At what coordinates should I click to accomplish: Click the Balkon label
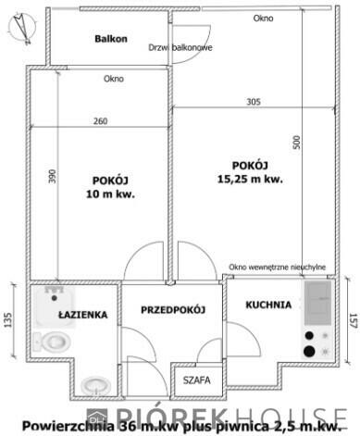pos(110,39)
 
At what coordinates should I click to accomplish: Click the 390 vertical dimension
pos(53,176)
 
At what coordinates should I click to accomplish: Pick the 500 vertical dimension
pos(296,142)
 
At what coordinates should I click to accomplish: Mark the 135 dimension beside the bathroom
pos(8,320)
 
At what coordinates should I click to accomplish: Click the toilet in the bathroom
pos(56,341)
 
